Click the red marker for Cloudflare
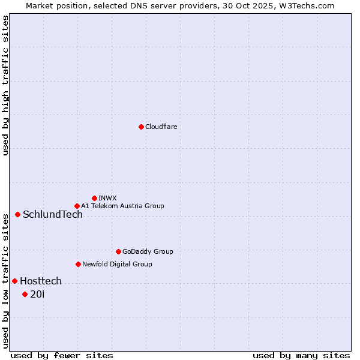click(141, 127)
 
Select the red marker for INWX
click(94, 198)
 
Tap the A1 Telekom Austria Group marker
click(77, 206)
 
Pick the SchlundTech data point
click(17, 214)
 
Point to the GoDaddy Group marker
click(118, 251)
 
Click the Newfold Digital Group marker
click(78, 264)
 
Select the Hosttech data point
click(14, 281)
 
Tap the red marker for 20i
click(25, 294)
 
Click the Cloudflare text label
click(161, 127)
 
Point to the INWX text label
click(107, 198)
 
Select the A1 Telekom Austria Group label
click(122, 206)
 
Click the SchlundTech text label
click(53, 215)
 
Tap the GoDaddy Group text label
click(148, 251)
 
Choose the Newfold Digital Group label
click(117, 264)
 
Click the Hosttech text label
click(41, 281)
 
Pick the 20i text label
click(37, 294)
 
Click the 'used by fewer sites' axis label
click(62, 355)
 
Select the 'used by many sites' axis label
click(301, 355)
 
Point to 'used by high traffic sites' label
click(5, 85)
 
